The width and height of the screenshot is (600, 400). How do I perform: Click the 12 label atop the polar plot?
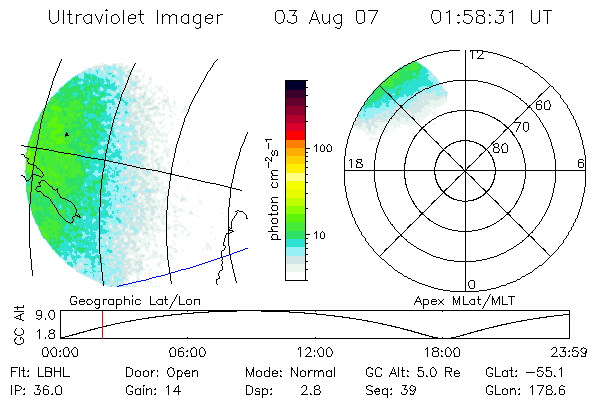pyautogui.click(x=476, y=55)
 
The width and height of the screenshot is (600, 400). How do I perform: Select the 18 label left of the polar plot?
pyautogui.click(x=353, y=163)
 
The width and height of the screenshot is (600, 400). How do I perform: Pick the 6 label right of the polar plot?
pyautogui.click(x=581, y=163)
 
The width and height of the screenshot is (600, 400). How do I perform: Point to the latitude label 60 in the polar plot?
pyautogui.click(x=544, y=105)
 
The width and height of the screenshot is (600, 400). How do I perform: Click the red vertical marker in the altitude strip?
pyautogui.click(x=102, y=324)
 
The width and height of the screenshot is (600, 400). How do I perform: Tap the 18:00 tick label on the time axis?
pyautogui.click(x=442, y=352)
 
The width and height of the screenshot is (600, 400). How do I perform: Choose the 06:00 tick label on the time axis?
pyautogui.click(x=187, y=352)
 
